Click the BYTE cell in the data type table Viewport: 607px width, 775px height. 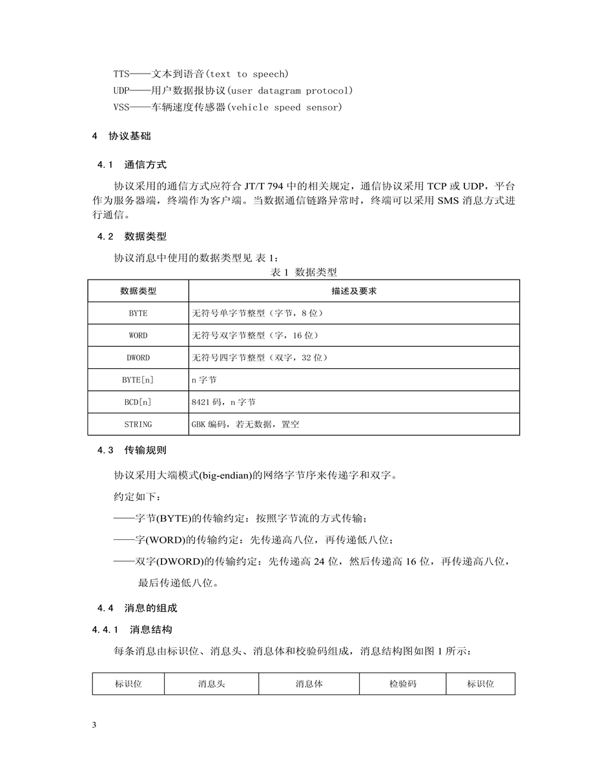tap(138, 313)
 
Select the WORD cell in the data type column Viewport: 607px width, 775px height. tap(138, 335)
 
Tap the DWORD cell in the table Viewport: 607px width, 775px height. tap(138, 357)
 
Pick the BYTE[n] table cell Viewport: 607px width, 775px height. tap(138, 380)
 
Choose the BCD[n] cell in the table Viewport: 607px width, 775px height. tap(138, 402)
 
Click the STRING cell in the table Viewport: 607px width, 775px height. tap(138, 424)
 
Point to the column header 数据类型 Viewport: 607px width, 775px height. tap(138, 291)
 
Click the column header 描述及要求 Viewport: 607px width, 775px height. tap(354, 291)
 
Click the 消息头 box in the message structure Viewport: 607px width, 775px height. tap(211, 683)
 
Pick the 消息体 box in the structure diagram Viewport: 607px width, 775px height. tap(309, 683)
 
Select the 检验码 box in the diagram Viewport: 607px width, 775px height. tap(403, 683)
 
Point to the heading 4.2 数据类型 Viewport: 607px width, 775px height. tap(132, 236)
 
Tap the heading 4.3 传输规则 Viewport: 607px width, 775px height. tap(132, 449)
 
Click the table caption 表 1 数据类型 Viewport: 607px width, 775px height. tap(303, 273)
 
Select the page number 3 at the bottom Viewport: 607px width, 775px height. tap(94, 725)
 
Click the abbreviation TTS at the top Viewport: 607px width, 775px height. tap(121, 74)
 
